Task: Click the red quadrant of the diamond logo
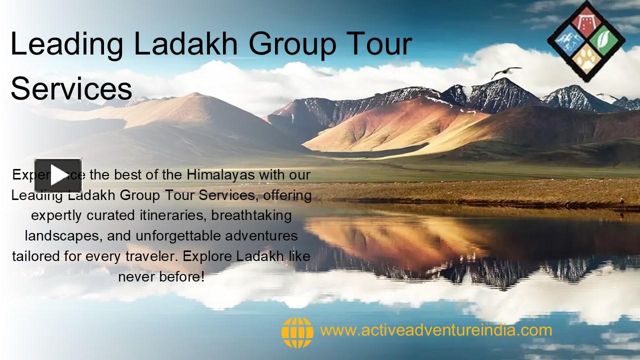tap(586, 20)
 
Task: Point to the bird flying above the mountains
tap(505, 72)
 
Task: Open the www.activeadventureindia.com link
tap(436, 330)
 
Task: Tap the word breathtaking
tap(251, 215)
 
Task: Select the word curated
tap(108, 215)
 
